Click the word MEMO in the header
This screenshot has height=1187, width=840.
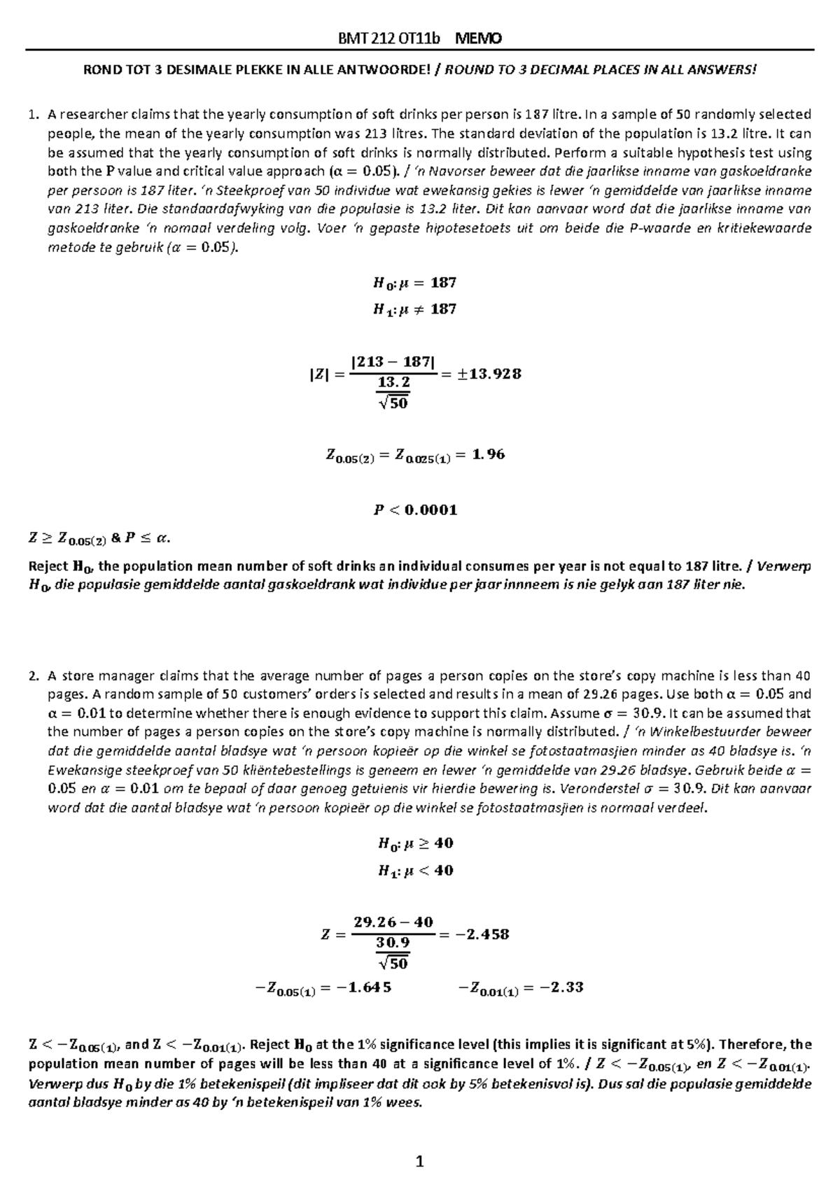[479, 39]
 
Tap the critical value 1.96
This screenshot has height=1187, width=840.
[489, 454]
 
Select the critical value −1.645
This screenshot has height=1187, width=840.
[358, 988]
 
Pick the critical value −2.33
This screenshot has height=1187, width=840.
[557, 988]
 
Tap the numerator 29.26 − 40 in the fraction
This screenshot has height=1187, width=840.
[393, 922]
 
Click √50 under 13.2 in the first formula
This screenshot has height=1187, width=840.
[393, 403]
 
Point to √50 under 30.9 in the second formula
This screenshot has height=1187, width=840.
[393, 963]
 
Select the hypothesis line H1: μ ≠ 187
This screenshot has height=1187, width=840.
[415, 309]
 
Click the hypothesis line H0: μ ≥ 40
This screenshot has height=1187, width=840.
[415, 843]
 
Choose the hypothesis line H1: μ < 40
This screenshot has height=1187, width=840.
[415, 871]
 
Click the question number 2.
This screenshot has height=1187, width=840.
[32, 676]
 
